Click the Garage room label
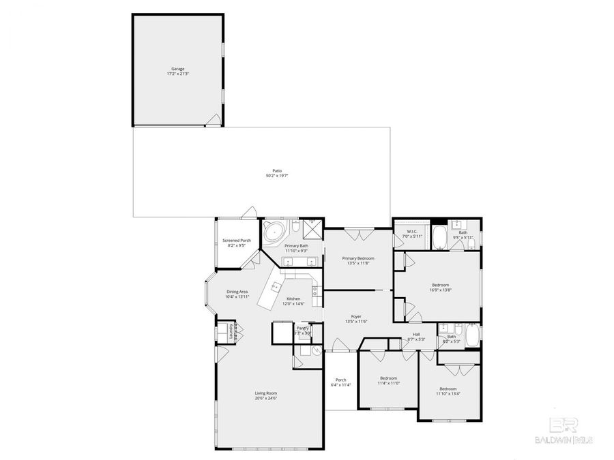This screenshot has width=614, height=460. [x=177, y=69]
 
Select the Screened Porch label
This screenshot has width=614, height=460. [x=237, y=241]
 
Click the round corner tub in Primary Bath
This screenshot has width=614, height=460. [x=274, y=231]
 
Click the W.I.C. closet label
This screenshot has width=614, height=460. [x=411, y=232]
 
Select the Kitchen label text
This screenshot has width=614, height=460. [x=293, y=298]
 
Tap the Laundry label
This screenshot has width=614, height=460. [x=233, y=333]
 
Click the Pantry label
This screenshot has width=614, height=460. [x=302, y=328]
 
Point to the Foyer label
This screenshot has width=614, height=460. [x=356, y=316]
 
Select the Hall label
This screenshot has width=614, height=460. [x=415, y=334]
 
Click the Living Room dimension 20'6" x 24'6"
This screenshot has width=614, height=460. [x=266, y=398]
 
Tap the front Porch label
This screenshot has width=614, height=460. [x=340, y=380]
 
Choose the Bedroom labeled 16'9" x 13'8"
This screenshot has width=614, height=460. [x=440, y=285]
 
